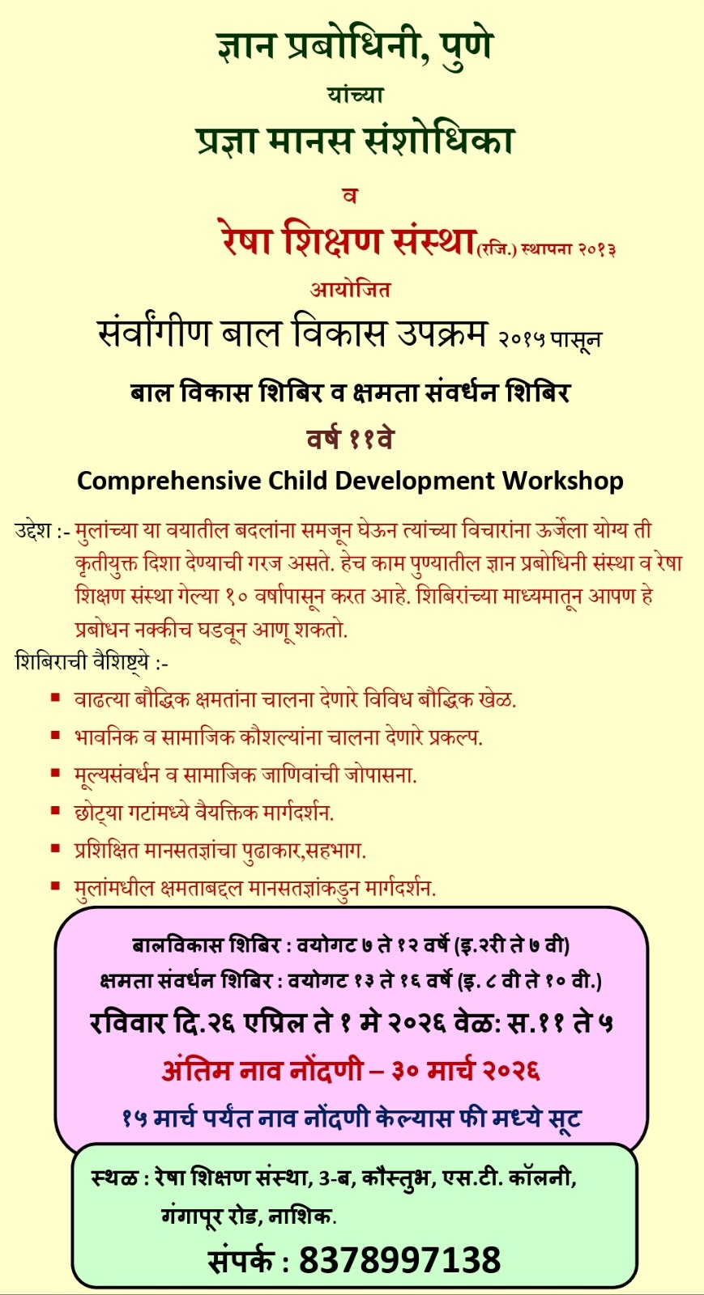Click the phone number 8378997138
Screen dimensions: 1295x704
[x=400, y=1260]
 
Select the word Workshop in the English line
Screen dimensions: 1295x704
[x=563, y=481]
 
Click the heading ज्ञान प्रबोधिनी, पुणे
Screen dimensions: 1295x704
[x=354, y=46]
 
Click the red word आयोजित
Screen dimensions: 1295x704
[x=350, y=289]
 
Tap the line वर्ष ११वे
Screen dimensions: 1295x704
[x=350, y=439]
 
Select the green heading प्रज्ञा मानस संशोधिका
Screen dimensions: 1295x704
[x=355, y=141]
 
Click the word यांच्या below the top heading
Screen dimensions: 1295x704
[x=355, y=95]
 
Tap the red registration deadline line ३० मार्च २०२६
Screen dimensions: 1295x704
[x=351, y=1071]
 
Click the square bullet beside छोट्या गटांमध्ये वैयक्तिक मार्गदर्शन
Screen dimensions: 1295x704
[x=55, y=810]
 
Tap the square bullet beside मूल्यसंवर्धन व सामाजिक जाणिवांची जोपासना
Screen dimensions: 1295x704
[x=55, y=773]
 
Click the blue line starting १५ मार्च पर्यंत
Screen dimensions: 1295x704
[x=352, y=1119]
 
